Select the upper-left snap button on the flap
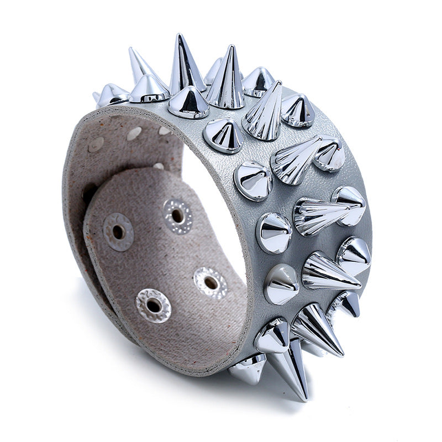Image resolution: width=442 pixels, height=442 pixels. pos(118,231)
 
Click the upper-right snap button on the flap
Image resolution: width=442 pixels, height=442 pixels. pos(177,215)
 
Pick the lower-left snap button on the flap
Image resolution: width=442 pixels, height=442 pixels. pos(153,304)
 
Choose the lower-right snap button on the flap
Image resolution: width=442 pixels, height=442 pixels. pos(210,282)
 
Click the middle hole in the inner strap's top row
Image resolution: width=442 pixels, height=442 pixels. pos(134,133)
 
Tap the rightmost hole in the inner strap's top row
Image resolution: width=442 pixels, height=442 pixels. pos(164,131)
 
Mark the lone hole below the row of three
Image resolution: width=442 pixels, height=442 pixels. pos(159,165)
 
